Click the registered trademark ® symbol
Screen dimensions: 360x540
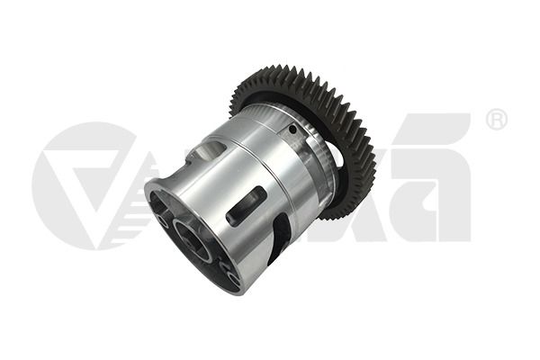[x=496, y=120]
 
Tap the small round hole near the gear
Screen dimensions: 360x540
[x=293, y=130]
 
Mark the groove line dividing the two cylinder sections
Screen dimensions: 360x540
[x=270, y=171]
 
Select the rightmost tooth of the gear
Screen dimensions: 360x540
[x=366, y=157]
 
